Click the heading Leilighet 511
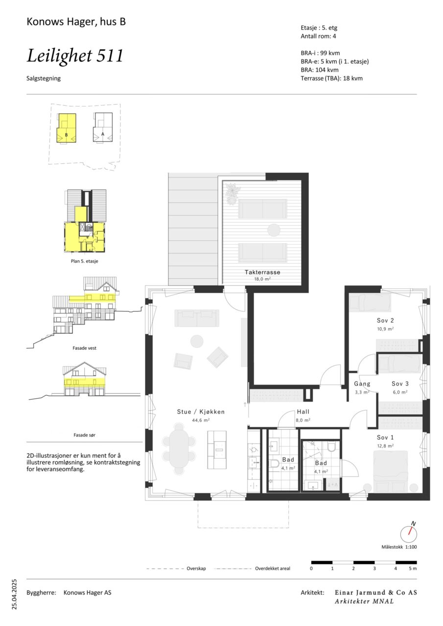[x=75, y=56]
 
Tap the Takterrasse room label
[x=262, y=272]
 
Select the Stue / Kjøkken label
[x=201, y=412]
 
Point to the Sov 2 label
[x=385, y=320]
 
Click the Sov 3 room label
[x=400, y=384]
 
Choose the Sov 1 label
[x=385, y=437]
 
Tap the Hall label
[x=303, y=412]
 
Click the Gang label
[x=362, y=384]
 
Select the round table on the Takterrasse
[x=274, y=230]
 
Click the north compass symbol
[x=409, y=534]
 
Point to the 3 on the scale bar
[x=374, y=568]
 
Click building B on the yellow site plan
[x=66, y=128]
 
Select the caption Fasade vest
[x=85, y=348]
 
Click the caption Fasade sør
[x=85, y=435]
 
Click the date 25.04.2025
[x=14, y=594]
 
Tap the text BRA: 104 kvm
[x=320, y=70]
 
